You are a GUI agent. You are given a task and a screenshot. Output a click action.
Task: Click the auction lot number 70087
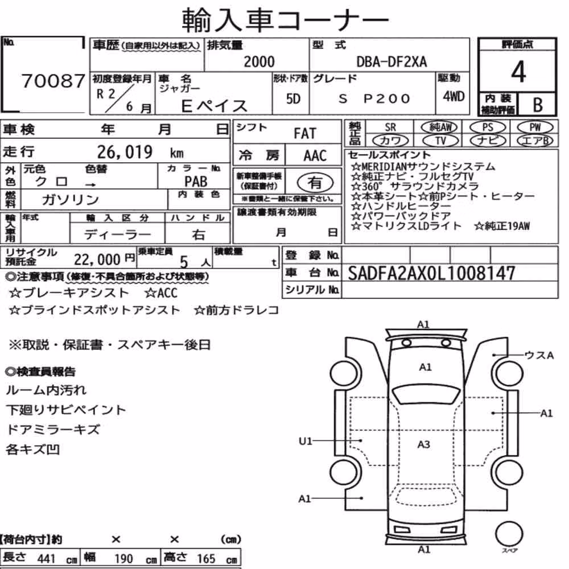click(x=53, y=81)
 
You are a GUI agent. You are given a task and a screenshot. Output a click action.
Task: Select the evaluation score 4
click(x=518, y=71)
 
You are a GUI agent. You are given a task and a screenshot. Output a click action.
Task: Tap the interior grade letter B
click(x=538, y=105)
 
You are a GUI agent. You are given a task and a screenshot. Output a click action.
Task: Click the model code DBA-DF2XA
click(x=391, y=61)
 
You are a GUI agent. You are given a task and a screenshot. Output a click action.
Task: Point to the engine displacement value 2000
click(x=259, y=61)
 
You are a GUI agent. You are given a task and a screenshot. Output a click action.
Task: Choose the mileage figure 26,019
click(x=125, y=152)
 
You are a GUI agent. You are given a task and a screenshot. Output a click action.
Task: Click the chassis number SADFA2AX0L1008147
click(x=431, y=273)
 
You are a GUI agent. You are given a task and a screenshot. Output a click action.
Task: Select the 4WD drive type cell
click(x=453, y=96)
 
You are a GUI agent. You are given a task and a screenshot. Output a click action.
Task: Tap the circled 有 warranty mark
click(x=315, y=183)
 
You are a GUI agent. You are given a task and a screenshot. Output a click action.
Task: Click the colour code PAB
click(x=196, y=181)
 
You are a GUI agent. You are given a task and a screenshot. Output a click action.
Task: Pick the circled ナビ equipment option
click(x=488, y=141)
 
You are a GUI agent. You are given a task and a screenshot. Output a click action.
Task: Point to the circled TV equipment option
click(x=440, y=141)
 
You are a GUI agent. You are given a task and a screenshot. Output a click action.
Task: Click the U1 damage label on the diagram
click(x=305, y=441)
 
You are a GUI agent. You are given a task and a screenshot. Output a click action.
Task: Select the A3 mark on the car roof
click(x=423, y=444)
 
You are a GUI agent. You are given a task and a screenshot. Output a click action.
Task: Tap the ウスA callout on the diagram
click(x=539, y=355)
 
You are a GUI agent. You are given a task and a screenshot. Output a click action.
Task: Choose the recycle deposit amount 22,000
click(x=97, y=259)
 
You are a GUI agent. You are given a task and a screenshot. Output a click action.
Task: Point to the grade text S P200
click(x=374, y=98)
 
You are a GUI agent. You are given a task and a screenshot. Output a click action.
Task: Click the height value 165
click(x=206, y=558)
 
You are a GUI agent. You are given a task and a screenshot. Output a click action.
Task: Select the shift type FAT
click(x=305, y=134)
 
